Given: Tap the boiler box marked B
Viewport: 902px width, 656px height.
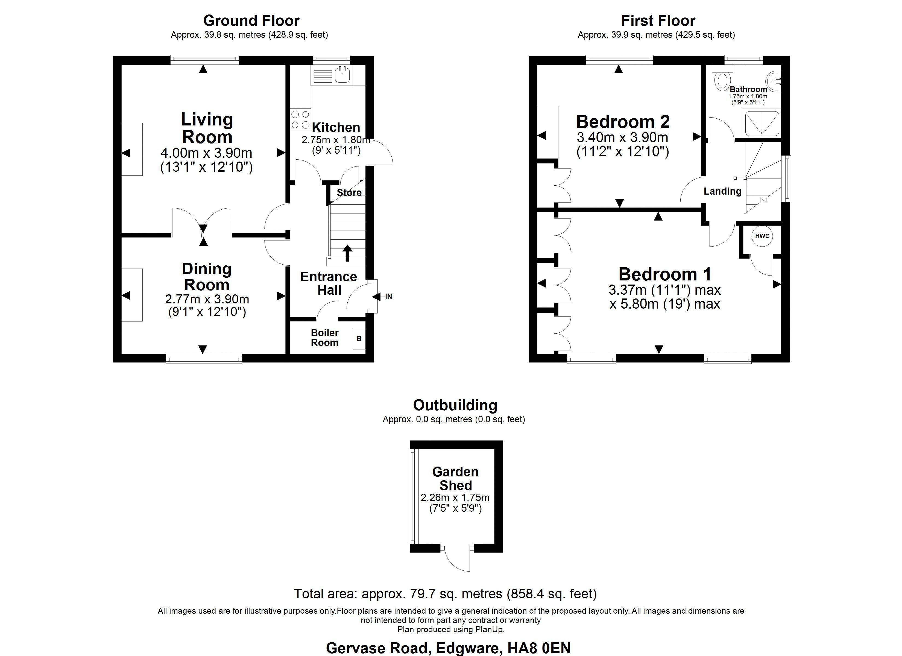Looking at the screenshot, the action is pos(359,339).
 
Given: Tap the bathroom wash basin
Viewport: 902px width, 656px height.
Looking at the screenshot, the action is pos(774,81).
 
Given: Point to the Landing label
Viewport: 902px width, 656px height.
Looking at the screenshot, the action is pos(722,191).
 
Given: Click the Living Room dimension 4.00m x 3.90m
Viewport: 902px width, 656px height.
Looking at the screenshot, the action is pos(206,153).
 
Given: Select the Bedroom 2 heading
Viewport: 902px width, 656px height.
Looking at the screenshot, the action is pos(622,122).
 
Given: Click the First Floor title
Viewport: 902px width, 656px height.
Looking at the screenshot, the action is pos(658,20).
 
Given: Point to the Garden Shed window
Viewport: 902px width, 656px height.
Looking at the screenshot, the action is pos(412,496).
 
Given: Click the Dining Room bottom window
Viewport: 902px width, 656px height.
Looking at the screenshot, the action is pos(204,359).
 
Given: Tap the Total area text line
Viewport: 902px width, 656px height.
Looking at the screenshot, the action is pos(445,594).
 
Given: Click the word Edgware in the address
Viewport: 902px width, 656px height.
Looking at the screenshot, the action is pos(468,648).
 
